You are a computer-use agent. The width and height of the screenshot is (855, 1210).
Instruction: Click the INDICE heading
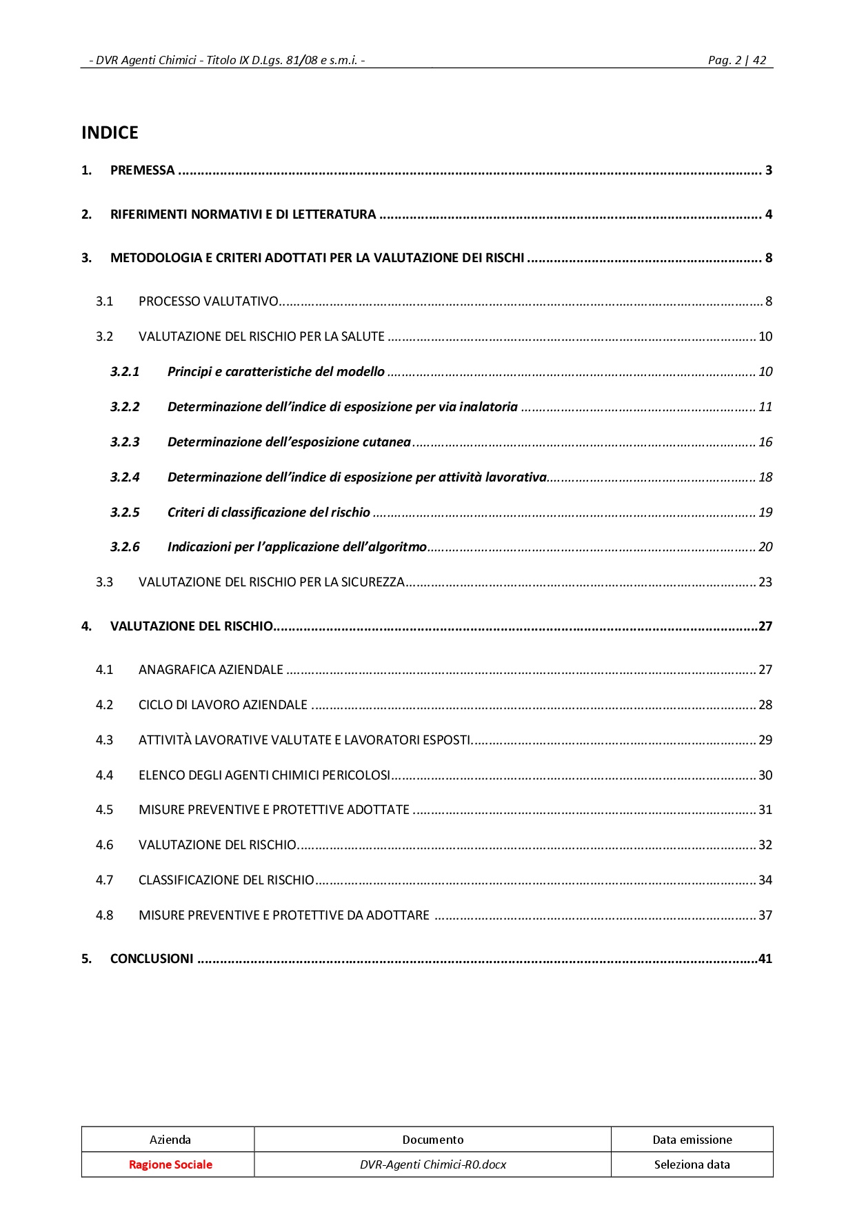click(110, 132)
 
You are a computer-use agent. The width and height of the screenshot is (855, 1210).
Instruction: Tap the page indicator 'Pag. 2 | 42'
click(736, 60)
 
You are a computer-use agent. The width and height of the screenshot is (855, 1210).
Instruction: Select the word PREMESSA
click(142, 170)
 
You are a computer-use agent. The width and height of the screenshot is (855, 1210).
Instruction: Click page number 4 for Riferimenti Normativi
click(768, 215)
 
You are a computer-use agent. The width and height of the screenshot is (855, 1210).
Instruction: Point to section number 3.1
click(104, 301)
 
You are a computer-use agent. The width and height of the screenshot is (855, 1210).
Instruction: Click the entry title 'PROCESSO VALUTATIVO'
click(208, 301)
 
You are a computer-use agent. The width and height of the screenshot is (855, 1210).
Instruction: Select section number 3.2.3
click(125, 442)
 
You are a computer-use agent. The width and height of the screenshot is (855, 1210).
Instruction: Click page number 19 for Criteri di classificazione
click(765, 513)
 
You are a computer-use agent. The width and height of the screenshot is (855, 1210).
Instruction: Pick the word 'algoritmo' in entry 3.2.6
click(399, 547)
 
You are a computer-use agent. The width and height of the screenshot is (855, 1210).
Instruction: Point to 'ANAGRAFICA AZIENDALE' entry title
click(210, 670)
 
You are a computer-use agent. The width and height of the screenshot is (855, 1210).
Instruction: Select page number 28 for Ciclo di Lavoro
click(765, 705)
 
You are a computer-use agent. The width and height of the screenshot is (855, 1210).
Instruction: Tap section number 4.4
click(104, 775)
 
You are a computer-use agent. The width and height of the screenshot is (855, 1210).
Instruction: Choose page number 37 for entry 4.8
click(765, 915)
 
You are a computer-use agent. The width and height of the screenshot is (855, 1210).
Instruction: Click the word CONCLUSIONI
click(152, 959)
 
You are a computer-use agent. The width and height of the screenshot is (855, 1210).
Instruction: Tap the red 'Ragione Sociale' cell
click(170, 1164)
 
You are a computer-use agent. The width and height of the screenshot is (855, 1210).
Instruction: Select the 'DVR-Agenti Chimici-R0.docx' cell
click(433, 1164)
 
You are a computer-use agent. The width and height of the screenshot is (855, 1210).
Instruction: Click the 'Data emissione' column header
click(692, 1140)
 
